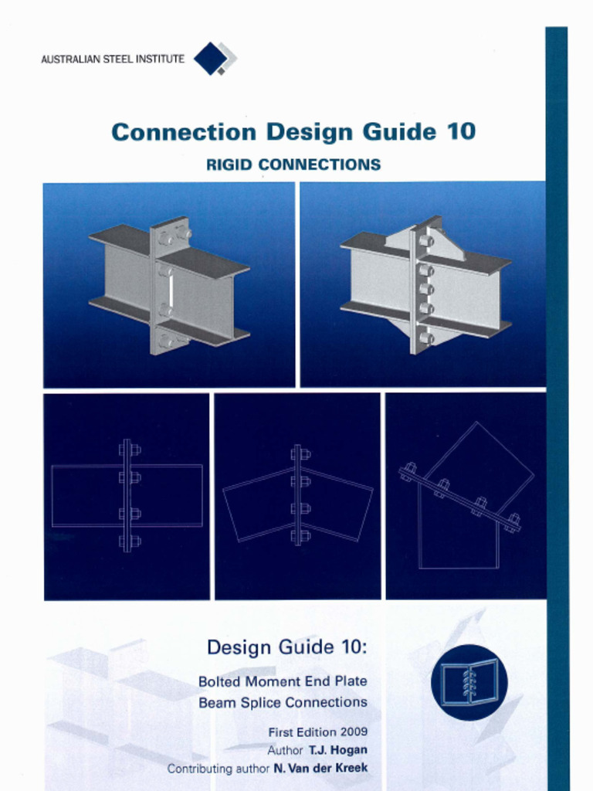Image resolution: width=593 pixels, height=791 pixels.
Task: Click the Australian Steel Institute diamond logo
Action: (214, 59)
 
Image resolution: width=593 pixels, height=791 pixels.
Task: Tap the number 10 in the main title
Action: (459, 132)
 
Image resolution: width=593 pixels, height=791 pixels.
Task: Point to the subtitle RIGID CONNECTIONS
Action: (293, 165)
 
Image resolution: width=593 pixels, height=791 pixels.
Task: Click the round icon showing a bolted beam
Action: (469, 682)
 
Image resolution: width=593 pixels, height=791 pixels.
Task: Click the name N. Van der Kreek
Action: (320, 769)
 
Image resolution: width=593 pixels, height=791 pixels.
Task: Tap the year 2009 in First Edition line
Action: (352, 732)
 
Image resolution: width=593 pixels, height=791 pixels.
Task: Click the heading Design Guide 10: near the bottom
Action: (286, 647)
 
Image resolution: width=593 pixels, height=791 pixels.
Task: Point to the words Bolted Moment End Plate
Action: (283, 681)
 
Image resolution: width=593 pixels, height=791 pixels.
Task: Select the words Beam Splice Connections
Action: (283, 702)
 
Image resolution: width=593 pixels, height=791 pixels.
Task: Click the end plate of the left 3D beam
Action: (169, 286)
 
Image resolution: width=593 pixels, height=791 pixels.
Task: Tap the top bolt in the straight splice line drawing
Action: (127, 450)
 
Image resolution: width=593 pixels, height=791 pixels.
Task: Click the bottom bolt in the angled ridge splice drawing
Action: (298, 535)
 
